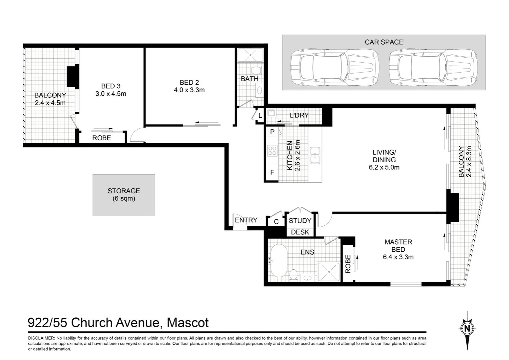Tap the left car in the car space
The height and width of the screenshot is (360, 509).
point(334,68)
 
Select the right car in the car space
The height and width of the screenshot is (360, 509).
point(433,68)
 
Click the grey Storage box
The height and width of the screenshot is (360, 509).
point(124,195)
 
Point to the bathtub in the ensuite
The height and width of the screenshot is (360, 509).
point(279,261)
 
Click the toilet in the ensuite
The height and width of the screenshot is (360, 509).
point(293,275)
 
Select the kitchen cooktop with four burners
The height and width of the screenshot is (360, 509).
point(272,151)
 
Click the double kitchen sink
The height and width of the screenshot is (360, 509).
point(315,156)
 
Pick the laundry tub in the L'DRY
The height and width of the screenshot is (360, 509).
point(271,113)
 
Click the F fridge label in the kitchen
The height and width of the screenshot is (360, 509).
point(272,172)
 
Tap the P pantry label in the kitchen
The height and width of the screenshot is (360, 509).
point(272,132)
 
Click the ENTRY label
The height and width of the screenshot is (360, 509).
point(246,220)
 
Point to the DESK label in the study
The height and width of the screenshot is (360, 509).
point(300,232)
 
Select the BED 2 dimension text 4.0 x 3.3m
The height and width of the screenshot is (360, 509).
point(189,90)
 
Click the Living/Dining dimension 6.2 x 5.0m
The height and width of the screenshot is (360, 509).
point(384,167)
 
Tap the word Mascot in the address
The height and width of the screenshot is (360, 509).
point(188,322)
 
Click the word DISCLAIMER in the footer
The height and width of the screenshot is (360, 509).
point(41,338)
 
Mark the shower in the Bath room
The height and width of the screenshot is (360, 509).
point(250,55)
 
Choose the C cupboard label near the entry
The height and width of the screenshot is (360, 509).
point(276,222)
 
